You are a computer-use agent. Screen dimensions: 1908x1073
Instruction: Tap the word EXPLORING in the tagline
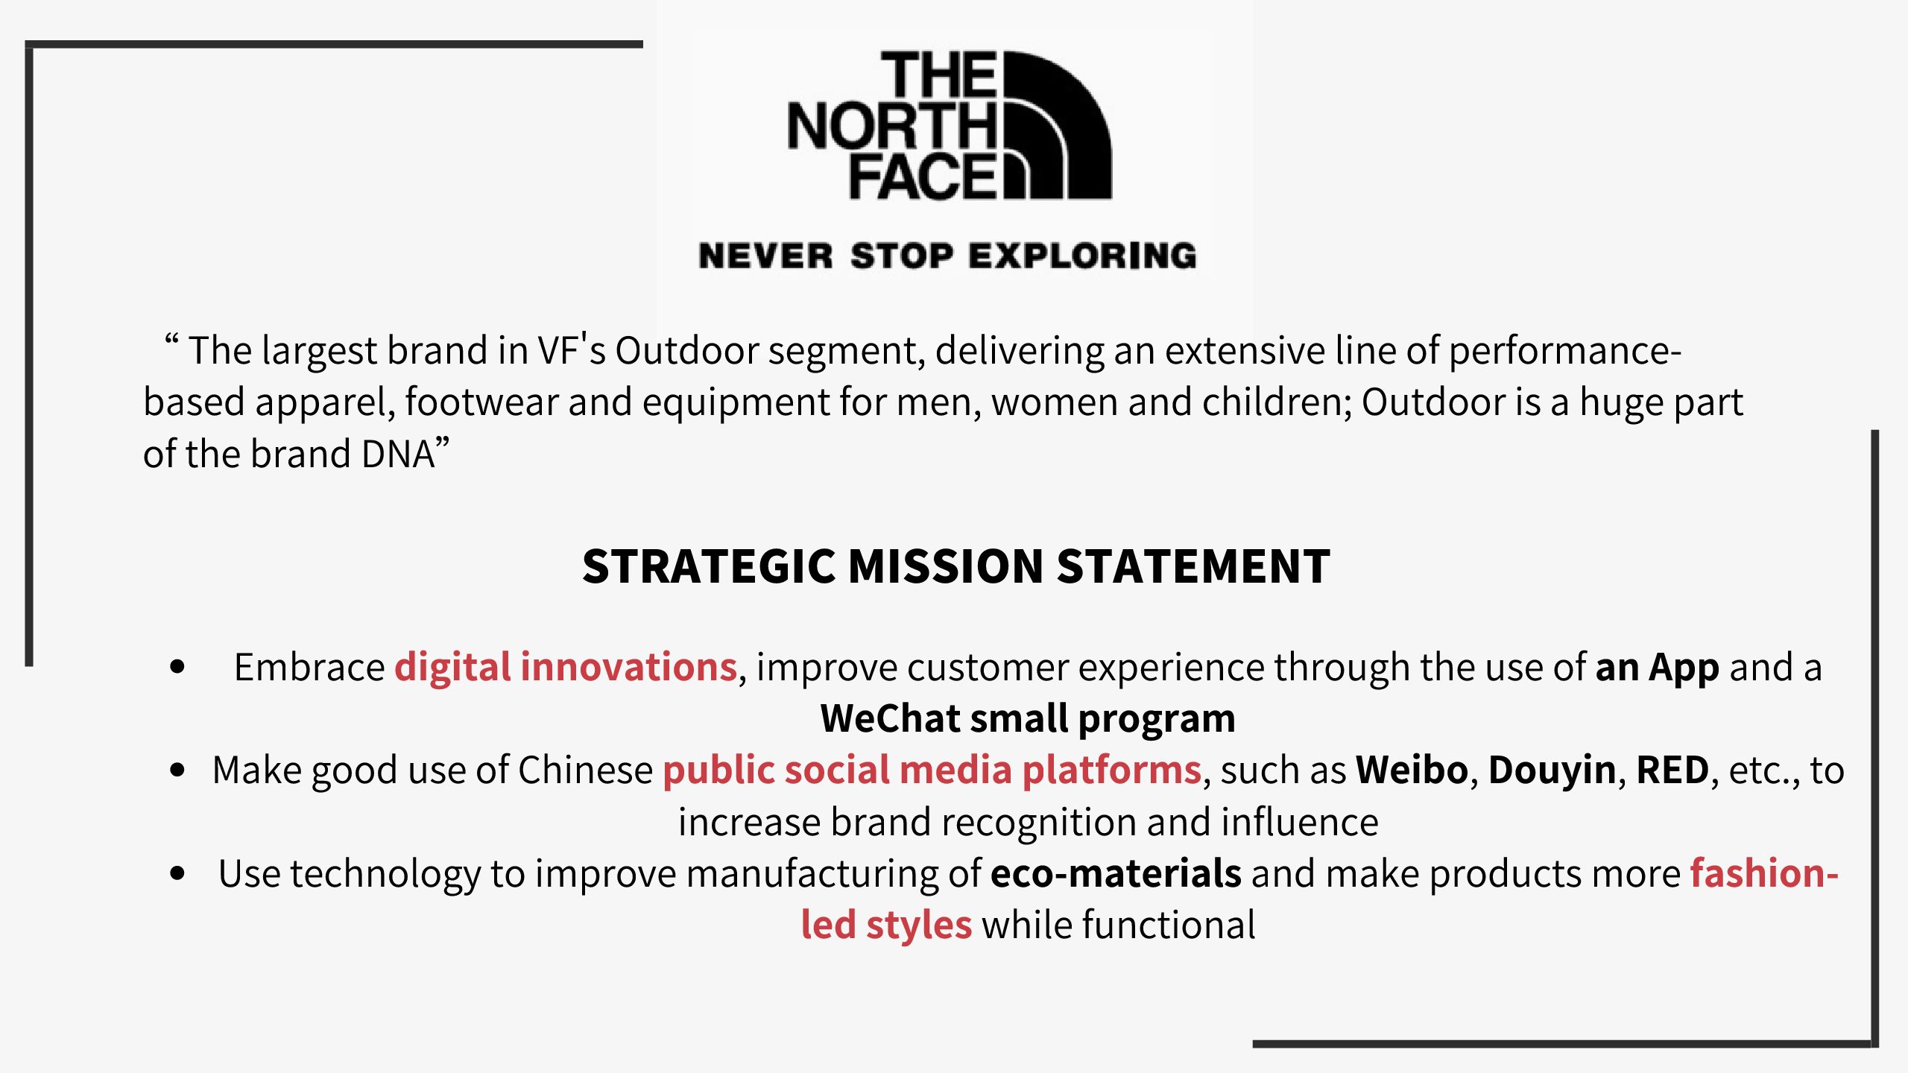pos(1082,256)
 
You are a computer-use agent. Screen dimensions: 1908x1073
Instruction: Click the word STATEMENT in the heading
pos(1193,566)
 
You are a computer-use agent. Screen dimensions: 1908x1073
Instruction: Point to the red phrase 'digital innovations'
pos(566,666)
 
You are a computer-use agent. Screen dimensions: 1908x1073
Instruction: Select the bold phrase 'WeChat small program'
pos(1028,719)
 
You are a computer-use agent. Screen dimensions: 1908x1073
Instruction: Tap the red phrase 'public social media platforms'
pos(932,770)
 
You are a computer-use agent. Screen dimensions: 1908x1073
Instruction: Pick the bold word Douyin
pos(1552,770)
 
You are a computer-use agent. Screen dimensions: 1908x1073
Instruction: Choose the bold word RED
pos(1672,770)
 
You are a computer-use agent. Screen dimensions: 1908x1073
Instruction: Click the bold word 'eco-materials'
pos(1116,873)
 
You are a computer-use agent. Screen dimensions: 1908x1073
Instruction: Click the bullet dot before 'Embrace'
pos(177,666)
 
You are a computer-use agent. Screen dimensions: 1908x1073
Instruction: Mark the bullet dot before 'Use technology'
pos(177,873)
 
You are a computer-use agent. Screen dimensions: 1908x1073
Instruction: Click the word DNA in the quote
pos(398,454)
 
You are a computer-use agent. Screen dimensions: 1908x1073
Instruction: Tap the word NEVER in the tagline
pos(766,256)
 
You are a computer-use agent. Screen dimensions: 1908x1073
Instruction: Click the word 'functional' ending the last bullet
pos(1169,925)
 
